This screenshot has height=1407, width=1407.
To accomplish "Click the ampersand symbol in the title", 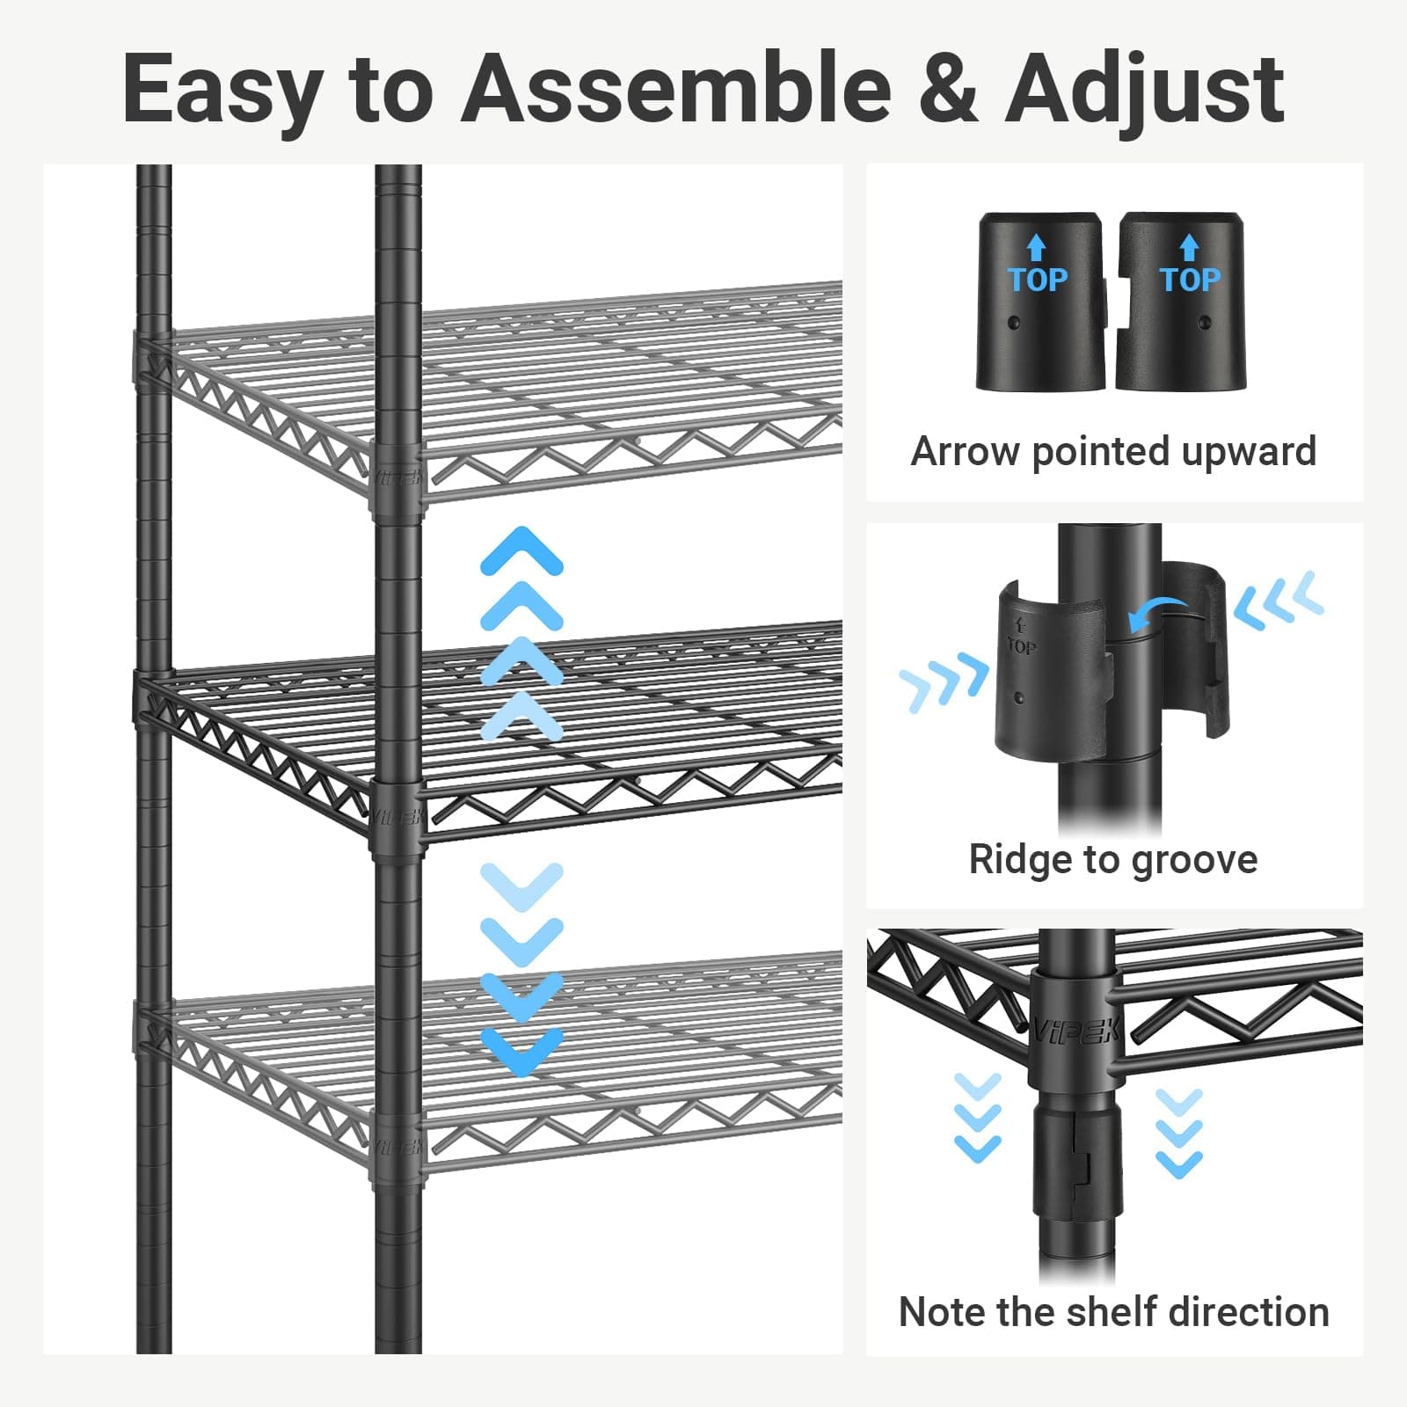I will [x=947, y=90].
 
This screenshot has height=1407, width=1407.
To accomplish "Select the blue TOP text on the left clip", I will [x=1038, y=280].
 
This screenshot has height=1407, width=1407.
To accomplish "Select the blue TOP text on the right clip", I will [x=1190, y=280].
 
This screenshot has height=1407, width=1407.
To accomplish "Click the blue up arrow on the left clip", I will [x=1038, y=247].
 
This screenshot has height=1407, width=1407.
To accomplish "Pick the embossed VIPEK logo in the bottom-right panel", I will [x=1074, y=1028].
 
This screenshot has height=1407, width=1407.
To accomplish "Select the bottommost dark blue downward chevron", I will [x=521, y=1052].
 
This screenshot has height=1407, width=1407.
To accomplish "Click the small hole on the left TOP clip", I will [x=1016, y=323].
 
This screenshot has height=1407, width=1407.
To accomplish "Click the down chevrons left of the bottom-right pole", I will [x=977, y=1116].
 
